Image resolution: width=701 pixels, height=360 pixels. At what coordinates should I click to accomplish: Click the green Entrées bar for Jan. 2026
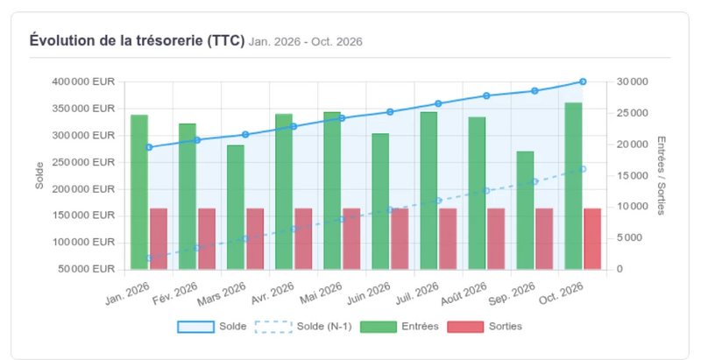pyautogui.click(x=139, y=192)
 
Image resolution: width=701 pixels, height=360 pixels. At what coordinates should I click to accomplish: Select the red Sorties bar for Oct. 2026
pyautogui.click(x=592, y=239)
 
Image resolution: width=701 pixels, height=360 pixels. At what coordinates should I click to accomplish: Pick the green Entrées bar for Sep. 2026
pyautogui.click(x=525, y=210)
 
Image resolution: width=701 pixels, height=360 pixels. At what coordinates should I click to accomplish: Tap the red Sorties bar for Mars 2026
pyautogui.click(x=255, y=239)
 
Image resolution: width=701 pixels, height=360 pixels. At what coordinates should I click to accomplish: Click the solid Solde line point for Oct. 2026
pyautogui.click(x=583, y=81)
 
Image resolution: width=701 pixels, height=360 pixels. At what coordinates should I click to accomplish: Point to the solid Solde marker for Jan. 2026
pyautogui.click(x=149, y=147)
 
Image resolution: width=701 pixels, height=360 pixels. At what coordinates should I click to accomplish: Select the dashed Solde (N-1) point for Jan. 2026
pyautogui.click(x=149, y=258)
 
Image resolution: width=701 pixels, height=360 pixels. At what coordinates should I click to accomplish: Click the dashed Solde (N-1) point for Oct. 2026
pyautogui.click(x=583, y=169)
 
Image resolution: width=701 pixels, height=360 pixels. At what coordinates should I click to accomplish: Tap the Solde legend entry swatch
pyautogui.click(x=195, y=327)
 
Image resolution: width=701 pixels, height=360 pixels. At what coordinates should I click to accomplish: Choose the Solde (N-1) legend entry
pyautogui.click(x=303, y=327)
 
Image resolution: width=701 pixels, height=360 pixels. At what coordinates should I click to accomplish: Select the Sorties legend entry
pyautogui.click(x=485, y=327)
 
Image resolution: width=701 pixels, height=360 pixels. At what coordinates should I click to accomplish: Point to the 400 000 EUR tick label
pyautogui.click(x=83, y=81)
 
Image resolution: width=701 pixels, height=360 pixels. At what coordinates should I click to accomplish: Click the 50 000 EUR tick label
pyautogui.click(x=86, y=269)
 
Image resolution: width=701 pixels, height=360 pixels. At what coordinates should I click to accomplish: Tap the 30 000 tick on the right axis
pyautogui.click(x=632, y=81)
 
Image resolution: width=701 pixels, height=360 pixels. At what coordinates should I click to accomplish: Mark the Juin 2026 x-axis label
pyautogui.click(x=369, y=293)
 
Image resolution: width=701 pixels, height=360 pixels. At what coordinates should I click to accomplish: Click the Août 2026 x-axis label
pyautogui.click(x=464, y=294)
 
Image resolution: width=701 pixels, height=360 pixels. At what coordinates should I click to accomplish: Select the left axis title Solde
pyautogui.click(x=39, y=175)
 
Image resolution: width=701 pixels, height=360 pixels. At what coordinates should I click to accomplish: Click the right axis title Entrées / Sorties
pyautogui.click(x=662, y=175)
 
